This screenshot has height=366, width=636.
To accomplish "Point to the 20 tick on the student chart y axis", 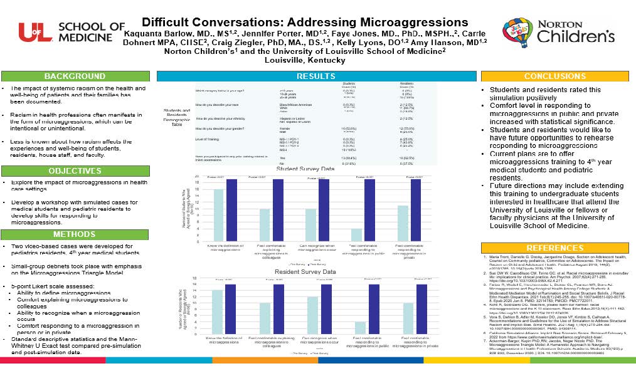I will click(x=198, y=177).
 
